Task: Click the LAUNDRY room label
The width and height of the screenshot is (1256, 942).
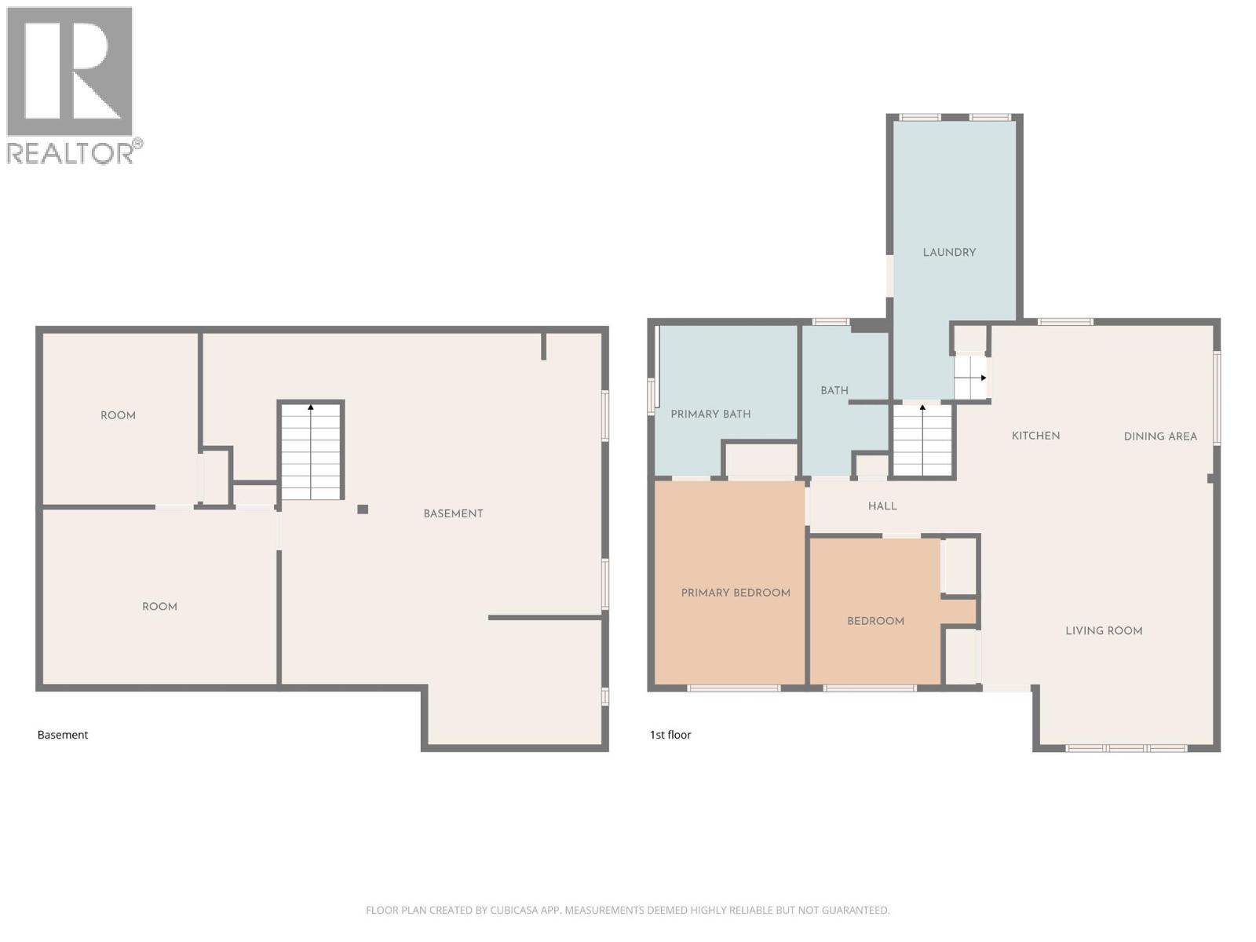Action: pos(949,252)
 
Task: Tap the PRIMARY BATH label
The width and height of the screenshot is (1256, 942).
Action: pos(710,414)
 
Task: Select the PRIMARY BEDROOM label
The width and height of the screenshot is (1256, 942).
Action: pos(736,593)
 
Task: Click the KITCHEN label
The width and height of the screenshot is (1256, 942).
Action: pos(1035,436)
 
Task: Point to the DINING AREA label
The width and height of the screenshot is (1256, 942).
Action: pos(1159,436)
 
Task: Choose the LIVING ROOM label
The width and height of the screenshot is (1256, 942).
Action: pos(1104,630)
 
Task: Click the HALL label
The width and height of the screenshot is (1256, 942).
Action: pos(882,506)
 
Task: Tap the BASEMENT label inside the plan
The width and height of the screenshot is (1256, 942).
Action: pos(453,513)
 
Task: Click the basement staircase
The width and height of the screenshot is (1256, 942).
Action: pos(311,451)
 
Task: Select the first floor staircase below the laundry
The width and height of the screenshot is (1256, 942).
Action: pos(922,441)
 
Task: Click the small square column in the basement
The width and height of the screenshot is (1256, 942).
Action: pos(363,509)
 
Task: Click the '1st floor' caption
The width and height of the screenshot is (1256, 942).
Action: pos(670,735)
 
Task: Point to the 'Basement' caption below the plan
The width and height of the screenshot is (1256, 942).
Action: pos(63,735)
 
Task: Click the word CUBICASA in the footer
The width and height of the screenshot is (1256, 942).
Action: pos(513,911)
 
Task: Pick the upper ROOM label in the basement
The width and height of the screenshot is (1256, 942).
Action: pos(118,415)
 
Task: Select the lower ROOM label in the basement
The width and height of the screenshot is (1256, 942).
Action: pos(159,607)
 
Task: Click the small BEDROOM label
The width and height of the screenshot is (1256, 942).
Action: pos(875,621)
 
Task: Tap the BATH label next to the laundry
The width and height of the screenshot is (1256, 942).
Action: pos(834,390)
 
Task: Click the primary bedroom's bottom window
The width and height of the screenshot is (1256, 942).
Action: pos(733,688)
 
